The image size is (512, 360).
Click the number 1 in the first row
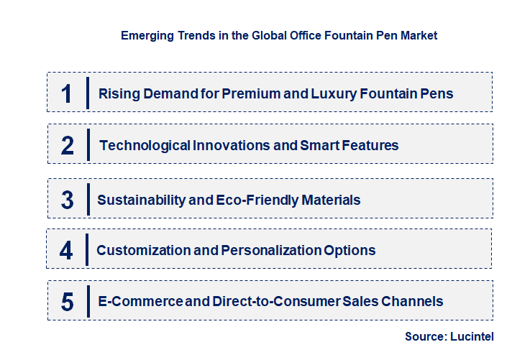pos(66,93)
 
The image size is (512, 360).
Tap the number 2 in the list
pos(68,146)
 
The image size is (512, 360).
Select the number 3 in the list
pos(67,200)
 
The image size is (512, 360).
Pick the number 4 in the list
pos(66,251)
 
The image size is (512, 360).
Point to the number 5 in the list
pos(67,302)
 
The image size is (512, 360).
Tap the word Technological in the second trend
pos(145,145)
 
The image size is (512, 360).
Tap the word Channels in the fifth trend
pos(413,301)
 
